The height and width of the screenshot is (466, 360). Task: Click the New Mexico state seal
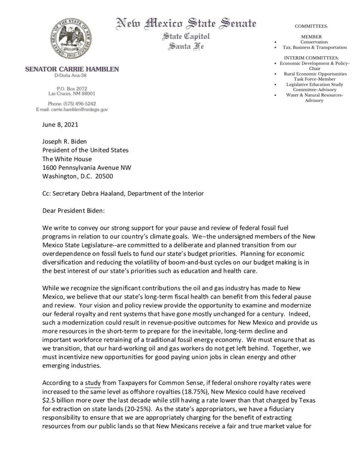click(72, 37)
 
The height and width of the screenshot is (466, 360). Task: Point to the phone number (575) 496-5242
click(79, 103)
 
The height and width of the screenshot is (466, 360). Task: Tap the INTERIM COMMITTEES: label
click(310, 58)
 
